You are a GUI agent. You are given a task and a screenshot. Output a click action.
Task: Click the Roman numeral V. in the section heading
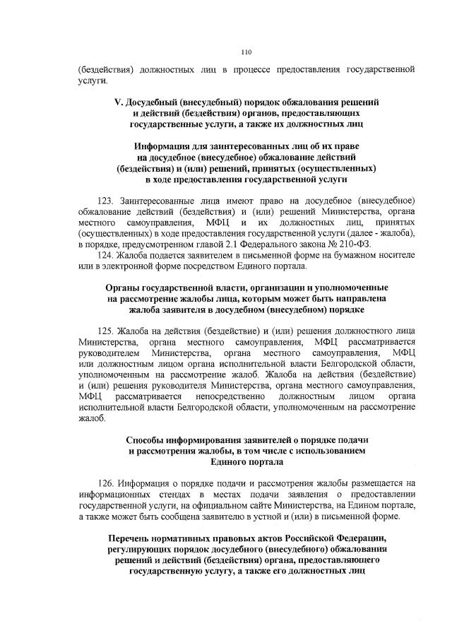(119, 102)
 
